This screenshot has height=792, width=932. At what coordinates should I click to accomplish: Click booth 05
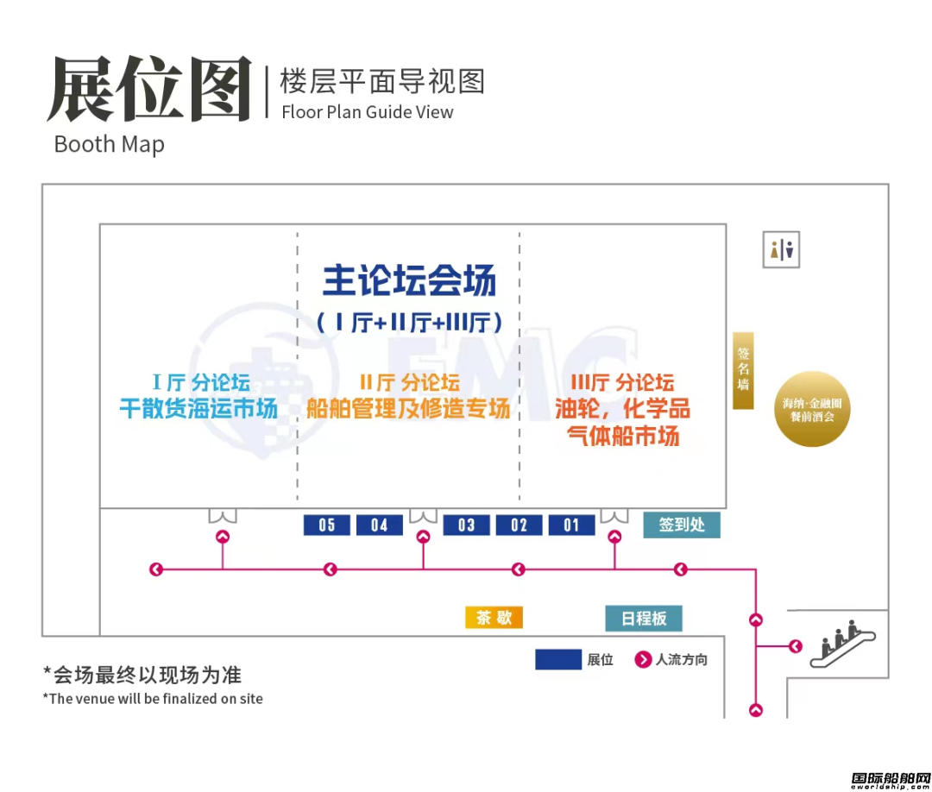click(x=326, y=525)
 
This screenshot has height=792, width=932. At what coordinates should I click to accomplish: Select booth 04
click(x=379, y=525)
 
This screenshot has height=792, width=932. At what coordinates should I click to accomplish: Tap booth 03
click(x=467, y=525)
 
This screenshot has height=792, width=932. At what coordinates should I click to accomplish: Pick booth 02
click(x=519, y=525)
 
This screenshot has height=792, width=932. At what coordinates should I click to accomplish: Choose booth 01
click(x=571, y=525)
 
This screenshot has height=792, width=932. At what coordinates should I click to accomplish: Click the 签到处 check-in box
click(x=682, y=525)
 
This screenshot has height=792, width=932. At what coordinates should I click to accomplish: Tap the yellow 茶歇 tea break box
click(x=494, y=618)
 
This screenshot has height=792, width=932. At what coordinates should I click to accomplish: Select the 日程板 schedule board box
click(x=644, y=619)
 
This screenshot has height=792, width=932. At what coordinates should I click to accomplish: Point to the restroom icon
click(x=781, y=249)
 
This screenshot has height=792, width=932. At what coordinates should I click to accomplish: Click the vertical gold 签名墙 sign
click(x=743, y=370)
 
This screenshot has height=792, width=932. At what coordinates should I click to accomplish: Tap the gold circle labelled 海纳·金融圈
click(x=812, y=409)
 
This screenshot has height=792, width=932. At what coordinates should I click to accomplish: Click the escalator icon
click(x=843, y=644)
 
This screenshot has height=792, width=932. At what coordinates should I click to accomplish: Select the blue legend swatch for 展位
click(x=558, y=659)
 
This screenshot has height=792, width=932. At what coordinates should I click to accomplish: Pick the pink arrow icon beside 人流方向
click(x=643, y=659)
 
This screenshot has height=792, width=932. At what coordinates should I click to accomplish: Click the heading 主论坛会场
click(x=410, y=280)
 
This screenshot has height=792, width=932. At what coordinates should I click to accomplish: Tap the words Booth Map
click(x=110, y=145)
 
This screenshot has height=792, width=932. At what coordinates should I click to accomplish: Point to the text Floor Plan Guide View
click(x=368, y=111)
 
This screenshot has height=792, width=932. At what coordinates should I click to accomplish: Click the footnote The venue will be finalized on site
click(x=153, y=699)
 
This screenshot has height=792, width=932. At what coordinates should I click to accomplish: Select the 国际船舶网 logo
click(x=891, y=781)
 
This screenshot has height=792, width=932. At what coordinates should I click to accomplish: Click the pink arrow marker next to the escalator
click(x=796, y=646)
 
